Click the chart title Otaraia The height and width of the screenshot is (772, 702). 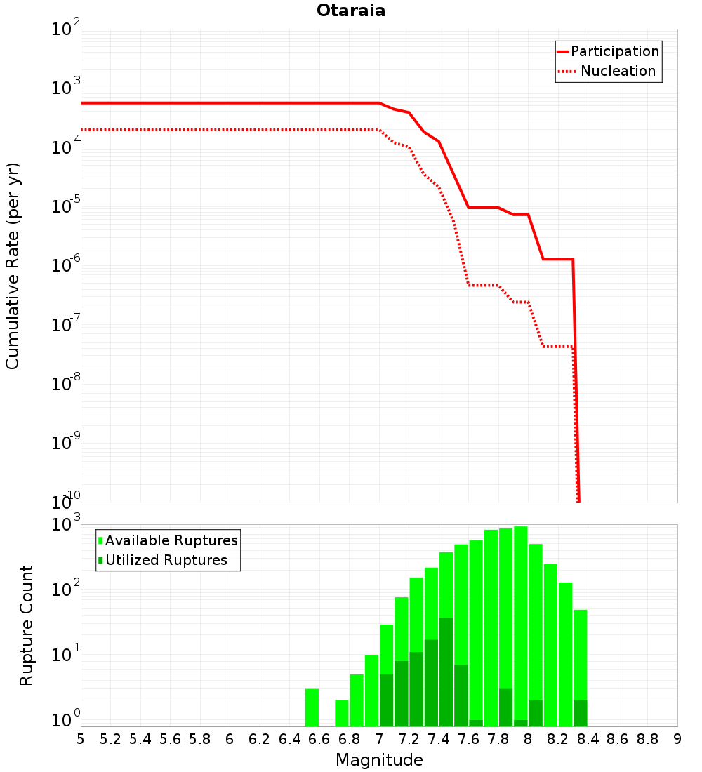(x=351, y=11)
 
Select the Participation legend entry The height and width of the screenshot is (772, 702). (x=608, y=51)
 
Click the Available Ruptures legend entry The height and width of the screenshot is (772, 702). (x=168, y=540)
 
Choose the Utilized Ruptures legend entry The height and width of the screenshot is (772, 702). (x=163, y=560)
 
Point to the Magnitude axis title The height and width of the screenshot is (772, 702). (x=379, y=759)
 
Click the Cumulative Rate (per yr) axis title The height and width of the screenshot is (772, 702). (x=13, y=266)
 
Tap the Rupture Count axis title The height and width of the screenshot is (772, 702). (x=26, y=625)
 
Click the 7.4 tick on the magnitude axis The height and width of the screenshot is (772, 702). (x=439, y=739)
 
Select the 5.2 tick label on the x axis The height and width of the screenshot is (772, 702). (x=110, y=739)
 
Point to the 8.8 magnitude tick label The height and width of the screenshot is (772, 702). (x=647, y=739)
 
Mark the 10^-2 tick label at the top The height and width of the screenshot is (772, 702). (x=65, y=27)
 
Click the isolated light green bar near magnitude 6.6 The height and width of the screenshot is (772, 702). (x=312, y=707)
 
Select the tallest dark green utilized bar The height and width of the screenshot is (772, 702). (x=446, y=672)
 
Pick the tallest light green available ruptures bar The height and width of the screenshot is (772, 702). (x=521, y=626)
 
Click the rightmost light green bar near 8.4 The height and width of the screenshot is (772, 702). (x=581, y=668)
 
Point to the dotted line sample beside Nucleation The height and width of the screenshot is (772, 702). (x=567, y=72)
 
